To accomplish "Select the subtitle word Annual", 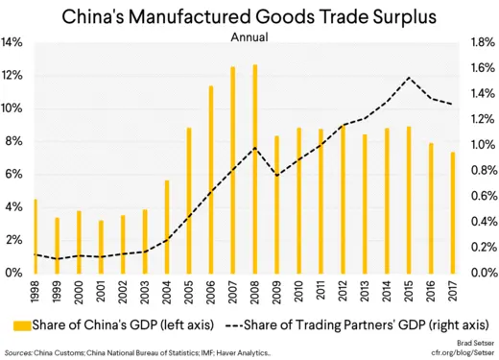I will tap(249, 37).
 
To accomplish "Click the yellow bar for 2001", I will tap(102, 247).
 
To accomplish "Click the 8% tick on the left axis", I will tap(14, 141).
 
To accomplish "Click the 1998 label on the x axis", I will tap(36, 290).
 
